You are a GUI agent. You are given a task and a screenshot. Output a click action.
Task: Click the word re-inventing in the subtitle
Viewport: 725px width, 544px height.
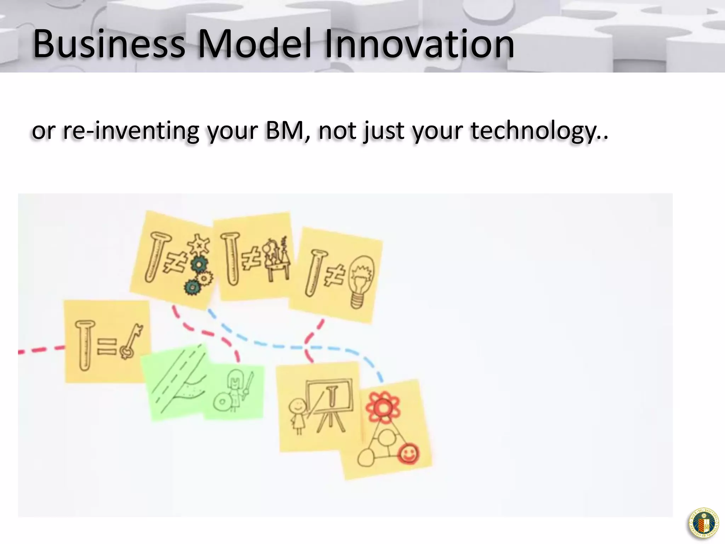coord(131,131)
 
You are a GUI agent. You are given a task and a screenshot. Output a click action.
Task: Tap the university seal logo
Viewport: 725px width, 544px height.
coord(704,523)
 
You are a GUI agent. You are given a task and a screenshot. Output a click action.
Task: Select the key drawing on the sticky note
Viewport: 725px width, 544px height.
coord(131,342)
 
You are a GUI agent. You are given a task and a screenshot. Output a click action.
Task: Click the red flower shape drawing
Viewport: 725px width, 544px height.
coord(383,407)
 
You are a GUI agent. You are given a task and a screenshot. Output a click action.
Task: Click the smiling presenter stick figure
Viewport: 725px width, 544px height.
coord(297,414)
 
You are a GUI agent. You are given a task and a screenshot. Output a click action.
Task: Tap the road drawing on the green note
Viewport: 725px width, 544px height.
coord(177,382)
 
